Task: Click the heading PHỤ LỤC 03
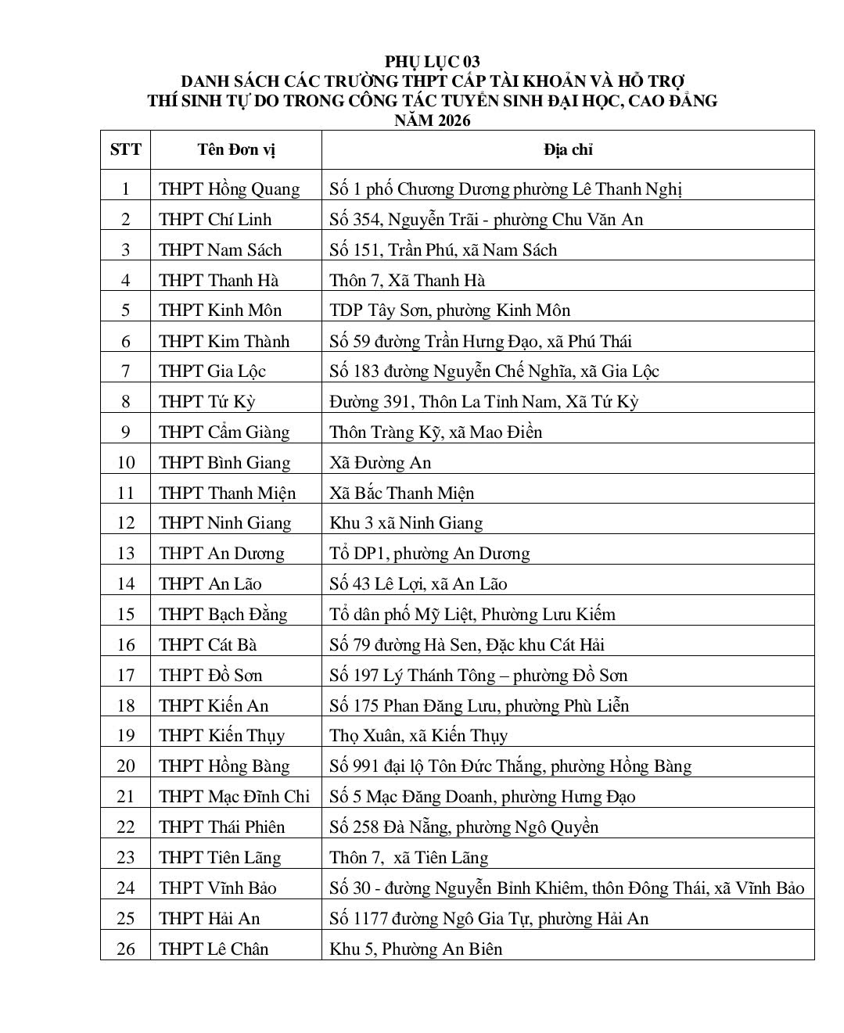tap(432, 61)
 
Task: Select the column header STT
tap(125, 149)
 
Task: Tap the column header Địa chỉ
tap(568, 149)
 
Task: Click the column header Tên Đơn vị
tap(235, 149)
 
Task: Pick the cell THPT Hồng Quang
tap(229, 189)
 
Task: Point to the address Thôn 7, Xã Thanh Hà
tap(407, 280)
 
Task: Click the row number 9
tap(125, 432)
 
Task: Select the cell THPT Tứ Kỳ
tap(207, 402)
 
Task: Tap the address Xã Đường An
tap(380, 462)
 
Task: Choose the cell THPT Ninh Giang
tap(224, 523)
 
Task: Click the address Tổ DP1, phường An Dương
tap(429, 554)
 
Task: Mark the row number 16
tap(125, 644)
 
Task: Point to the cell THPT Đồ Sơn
tap(210, 675)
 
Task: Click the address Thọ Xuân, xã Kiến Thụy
tap(418, 736)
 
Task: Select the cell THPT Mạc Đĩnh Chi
tap(234, 797)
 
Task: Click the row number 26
tap(125, 949)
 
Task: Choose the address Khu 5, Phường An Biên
tap(415, 949)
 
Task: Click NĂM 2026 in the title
tap(432, 120)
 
